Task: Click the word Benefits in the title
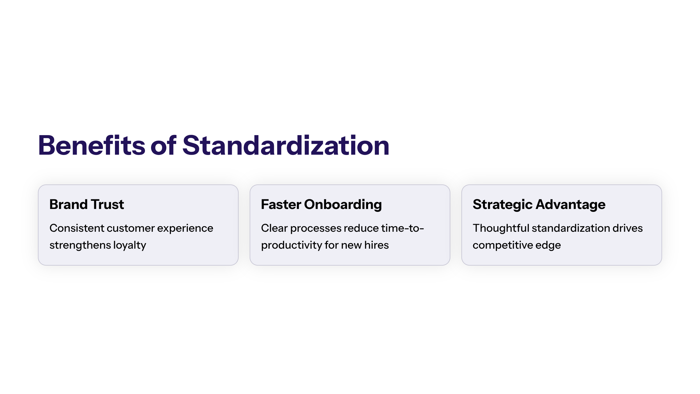coord(92,145)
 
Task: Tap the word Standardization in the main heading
coord(286,145)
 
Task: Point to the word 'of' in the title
coord(163,145)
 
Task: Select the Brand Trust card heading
coord(87,204)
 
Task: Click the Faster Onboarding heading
coord(321,205)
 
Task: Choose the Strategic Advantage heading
coord(539,205)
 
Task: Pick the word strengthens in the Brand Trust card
coord(80,245)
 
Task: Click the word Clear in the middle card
coord(274,228)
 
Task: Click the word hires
coord(377,245)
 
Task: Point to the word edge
coord(548,245)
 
